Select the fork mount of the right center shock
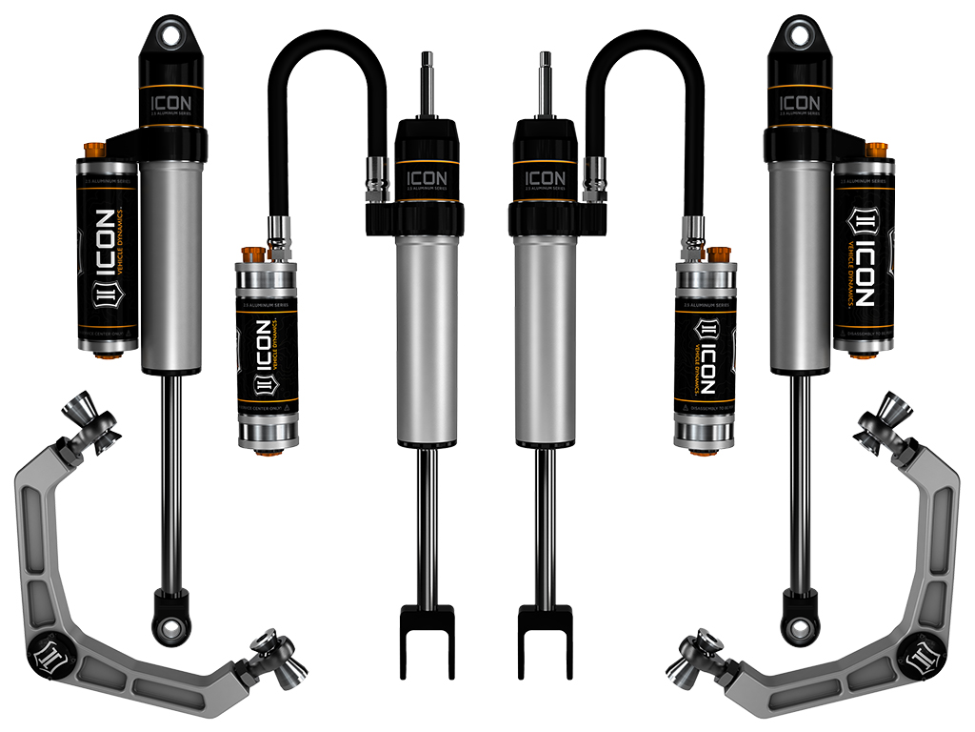[545, 635]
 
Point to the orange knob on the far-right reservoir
[877, 151]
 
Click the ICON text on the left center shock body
[427, 178]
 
